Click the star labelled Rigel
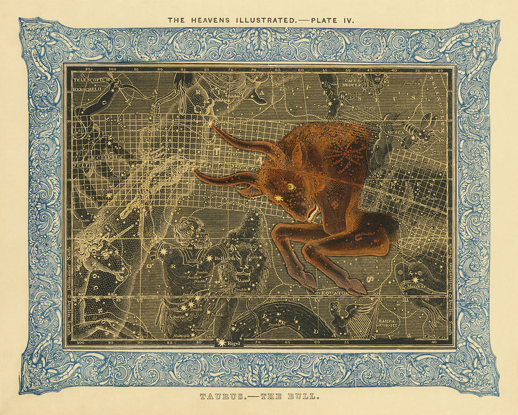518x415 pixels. tap(221, 343)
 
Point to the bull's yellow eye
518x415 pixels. tap(292, 186)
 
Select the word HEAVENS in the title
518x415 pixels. tap(208, 20)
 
